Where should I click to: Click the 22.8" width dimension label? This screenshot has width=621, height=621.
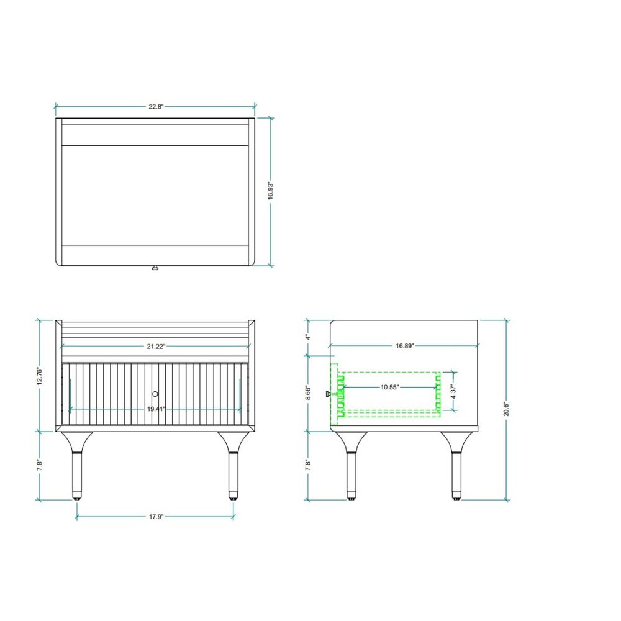pos(156,107)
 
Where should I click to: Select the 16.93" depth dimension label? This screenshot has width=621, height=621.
pos(271,191)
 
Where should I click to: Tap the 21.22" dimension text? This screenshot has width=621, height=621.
pos(156,347)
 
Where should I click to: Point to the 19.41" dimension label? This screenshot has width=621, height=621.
pos(156,409)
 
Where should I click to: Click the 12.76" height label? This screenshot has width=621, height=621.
pos(39,376)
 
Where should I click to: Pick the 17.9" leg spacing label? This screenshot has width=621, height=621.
pos(156,517)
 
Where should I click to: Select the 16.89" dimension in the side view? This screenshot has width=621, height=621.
pos(405,346)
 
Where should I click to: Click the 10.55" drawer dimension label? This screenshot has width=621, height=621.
pos(390,387)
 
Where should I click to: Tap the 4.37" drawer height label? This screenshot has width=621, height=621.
pos(453,391)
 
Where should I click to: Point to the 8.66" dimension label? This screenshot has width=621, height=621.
pos(309,392)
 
